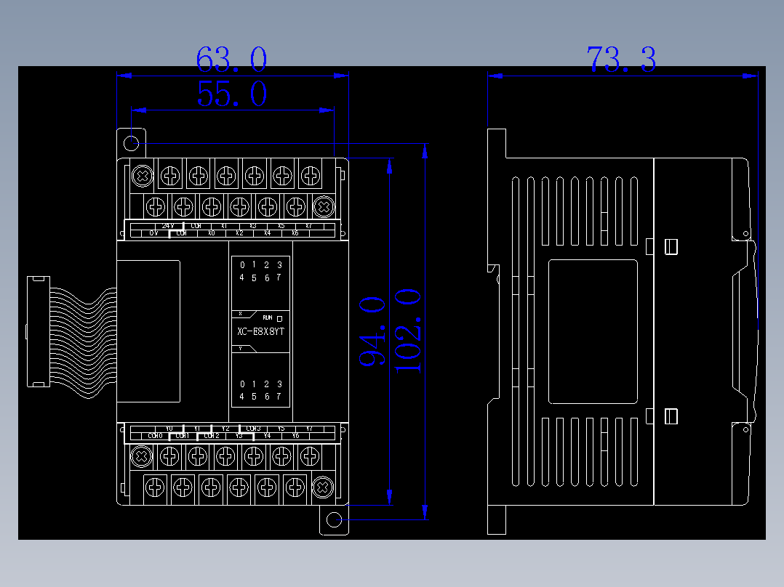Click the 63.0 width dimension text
[231, 60]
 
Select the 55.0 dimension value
[231, 94]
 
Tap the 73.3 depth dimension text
[621, 60]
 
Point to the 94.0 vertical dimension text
[372, 331]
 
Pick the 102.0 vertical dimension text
[408, 331]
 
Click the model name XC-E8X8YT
[260, 332]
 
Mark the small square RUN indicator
[279, 318]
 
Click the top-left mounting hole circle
[132, 143]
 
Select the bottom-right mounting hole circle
[334, 520]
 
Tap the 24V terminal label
[168, 226]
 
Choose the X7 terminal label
[309, 226]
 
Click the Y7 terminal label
[309, 429]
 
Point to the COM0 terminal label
[154, 436]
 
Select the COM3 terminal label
[253, 429]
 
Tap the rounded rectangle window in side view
[593, 331]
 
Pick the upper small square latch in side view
[671, 247]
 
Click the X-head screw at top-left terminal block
[143, 175]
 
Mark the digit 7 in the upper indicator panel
[279, 278]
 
